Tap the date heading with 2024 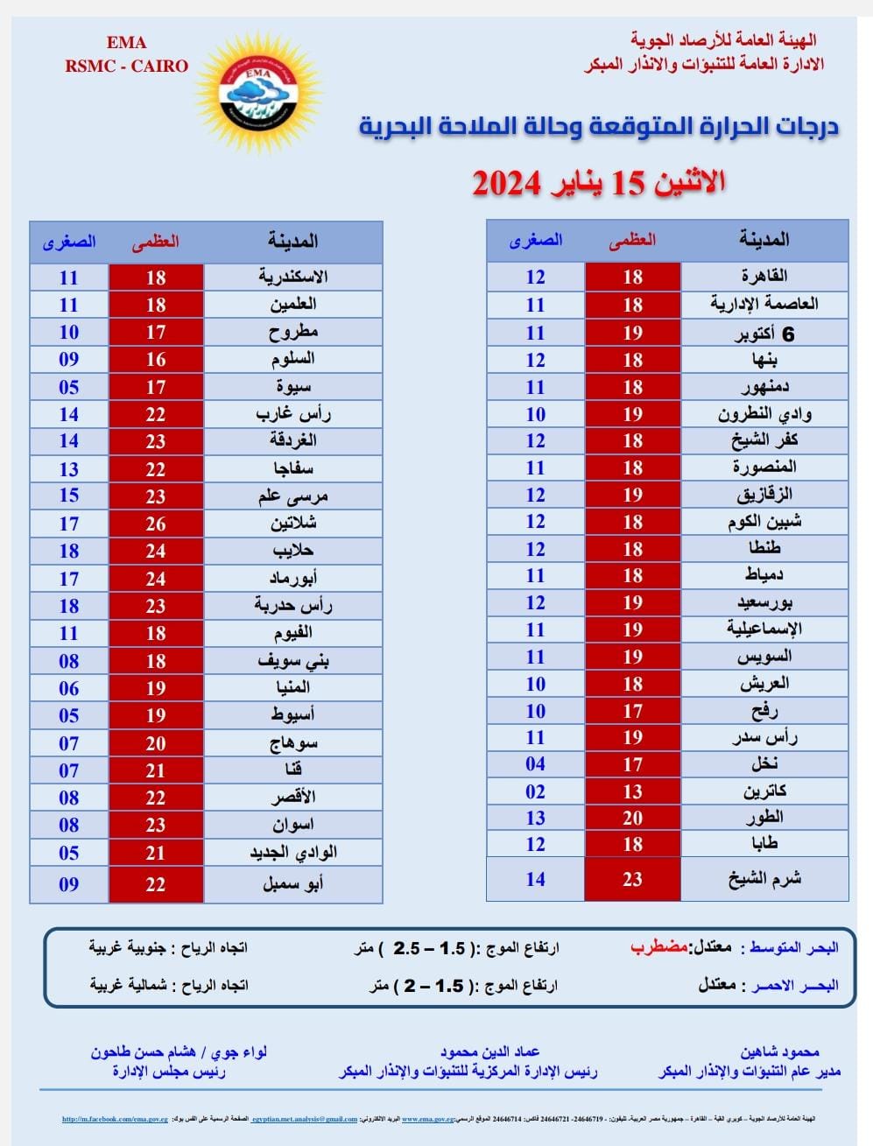[x=599, y=183]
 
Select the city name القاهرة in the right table [x=764, y=277]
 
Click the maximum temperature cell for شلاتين [x=156, y=524]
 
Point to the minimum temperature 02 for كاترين [x=536, y=791]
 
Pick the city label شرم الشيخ [x=764, y=879]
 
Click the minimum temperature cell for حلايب [x=69, y=551]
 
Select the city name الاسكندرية [x=292, y=278]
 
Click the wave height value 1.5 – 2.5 [x=430, y=948]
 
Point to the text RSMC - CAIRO [x=127, y=66]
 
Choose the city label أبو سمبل [x=292, y=884]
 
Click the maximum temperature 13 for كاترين [x=632, y=791]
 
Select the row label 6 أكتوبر [x=764, y=334]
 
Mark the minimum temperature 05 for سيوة [x=69, y=387]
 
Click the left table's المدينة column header [x=292, y=241]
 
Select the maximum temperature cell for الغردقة [x=156, y=441]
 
